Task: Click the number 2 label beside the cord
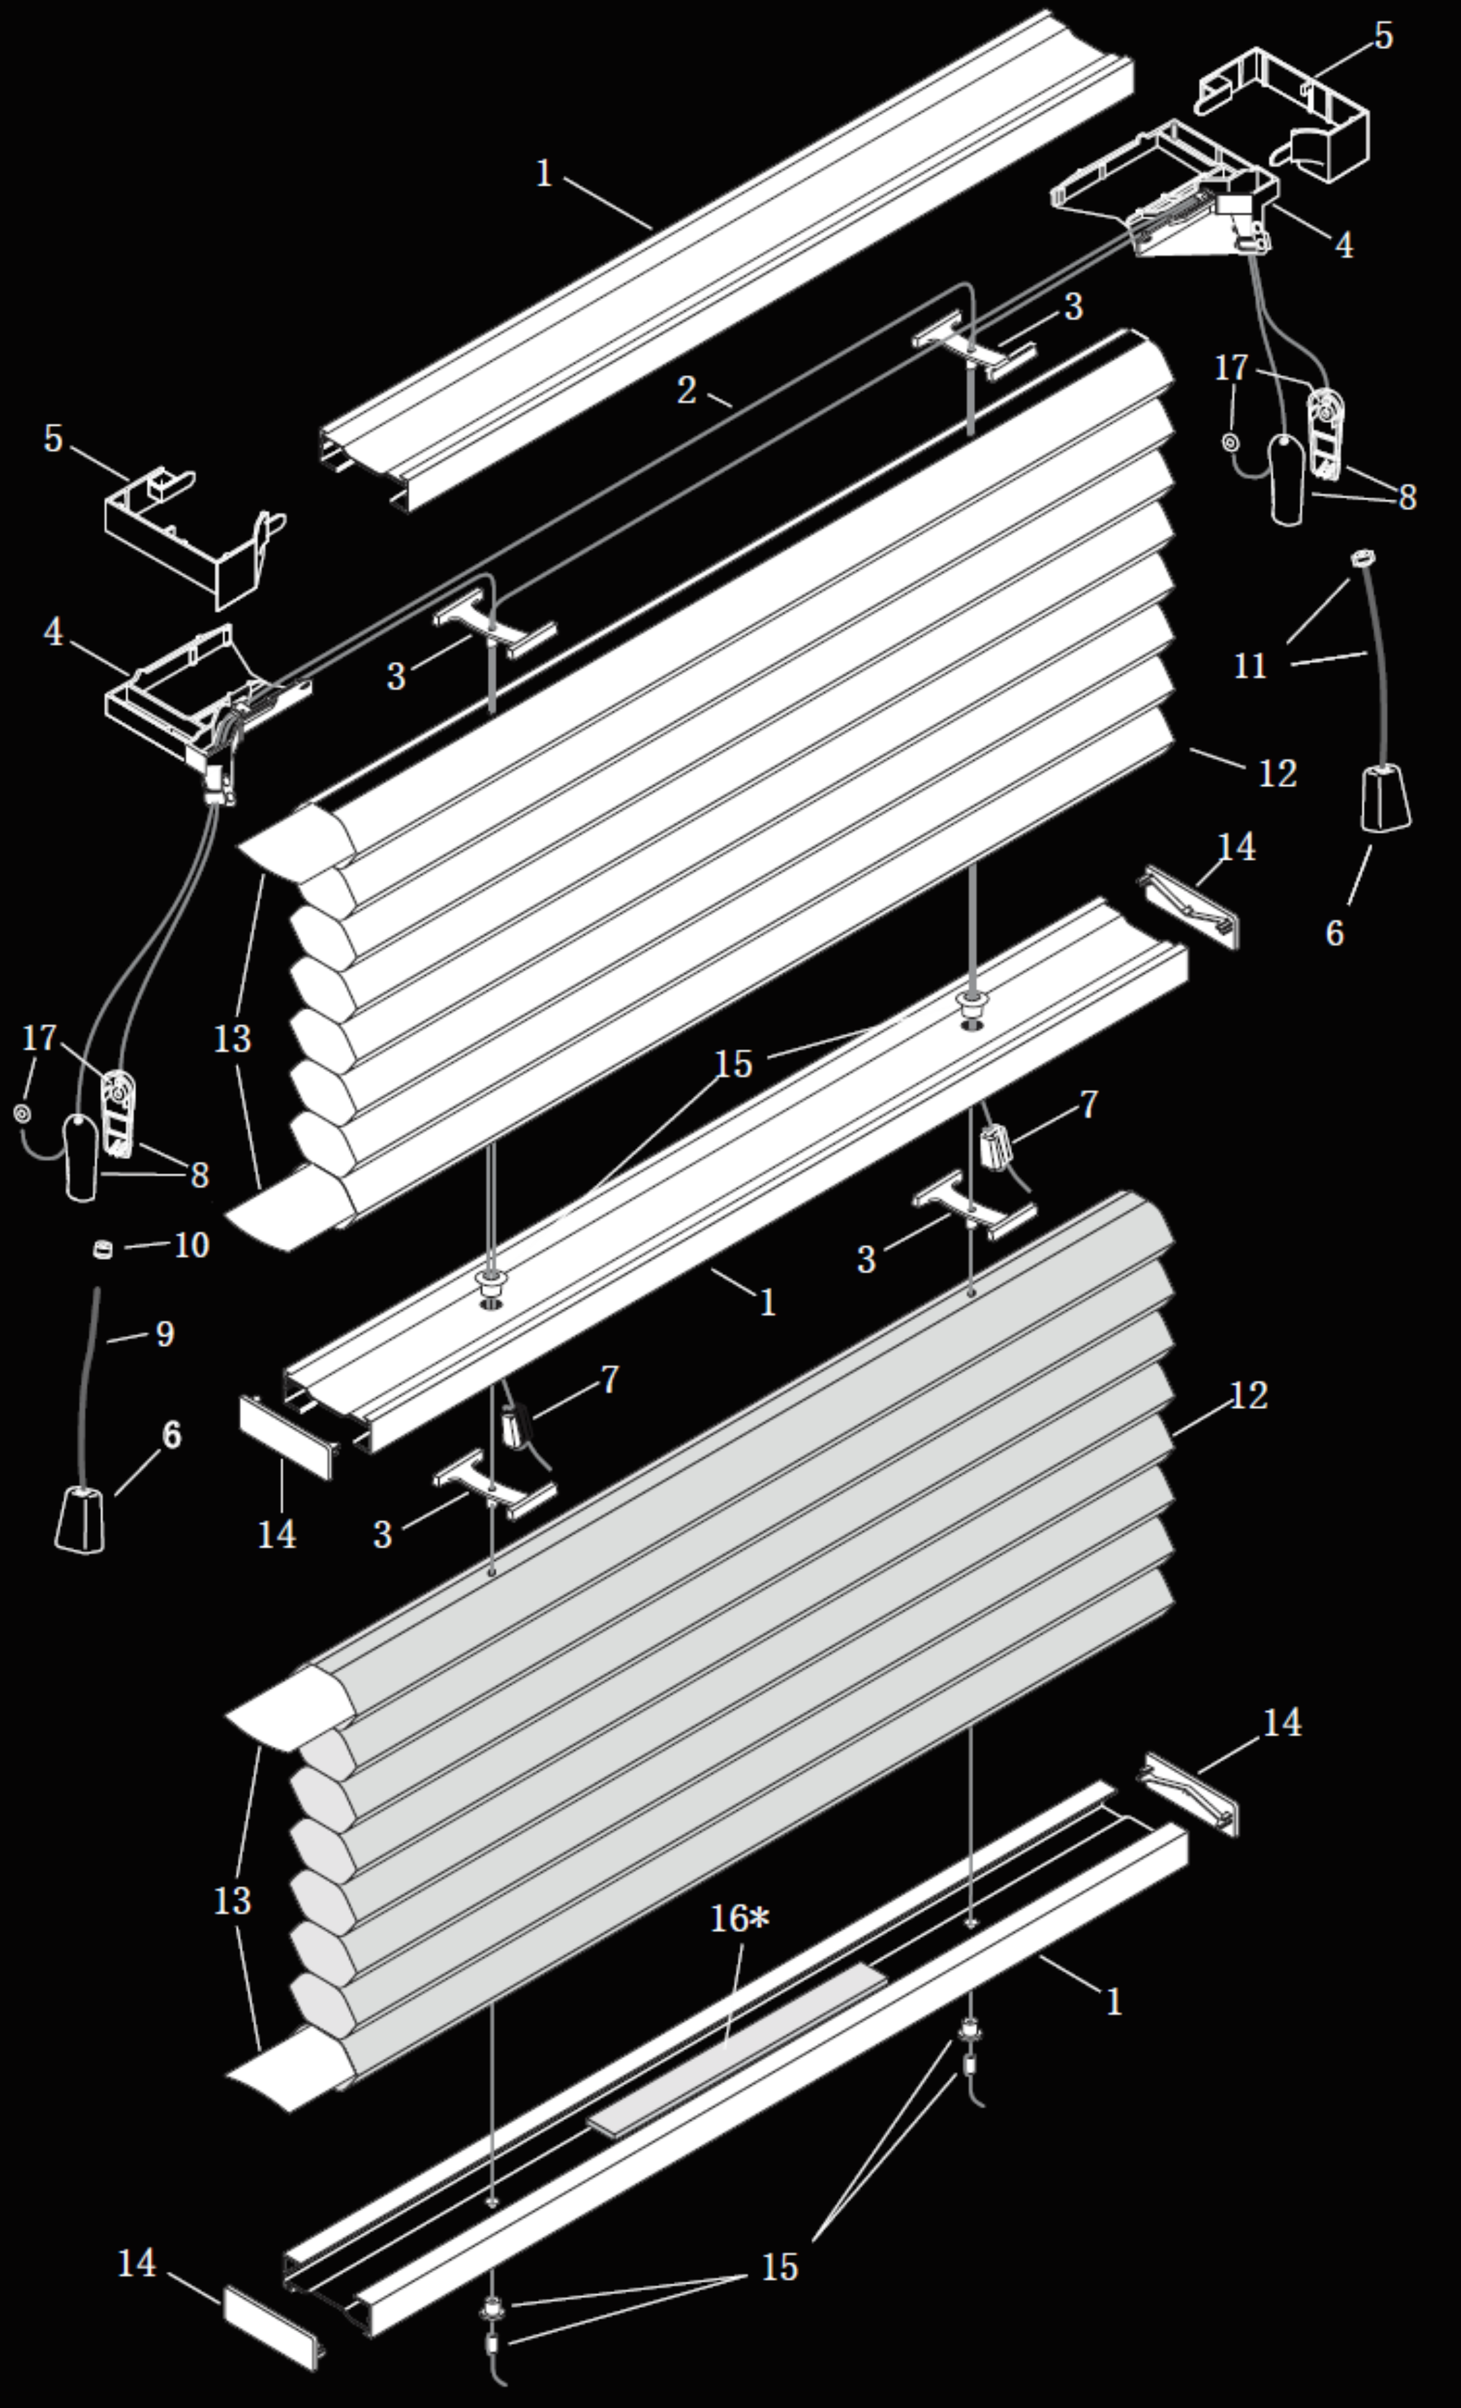[x=687, y=391]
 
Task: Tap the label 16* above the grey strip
[x=739, y=1919]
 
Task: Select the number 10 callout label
[x=192, y=1245]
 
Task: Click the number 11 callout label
[x=1250, y=667]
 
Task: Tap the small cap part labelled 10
[x=101, y=1248]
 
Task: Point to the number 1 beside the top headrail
[x=544, y=174]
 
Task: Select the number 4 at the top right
[x=1344, y=246]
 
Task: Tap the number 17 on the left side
[x=40, y=1038]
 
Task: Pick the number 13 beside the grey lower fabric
[x=233, y=1901]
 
